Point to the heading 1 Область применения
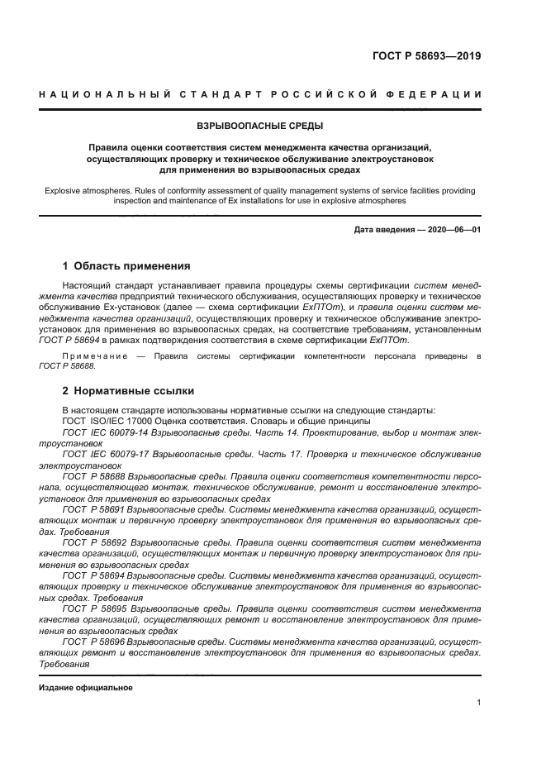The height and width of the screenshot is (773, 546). [x=127, y=266]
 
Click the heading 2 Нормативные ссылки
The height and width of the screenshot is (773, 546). [x=129, y=389]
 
